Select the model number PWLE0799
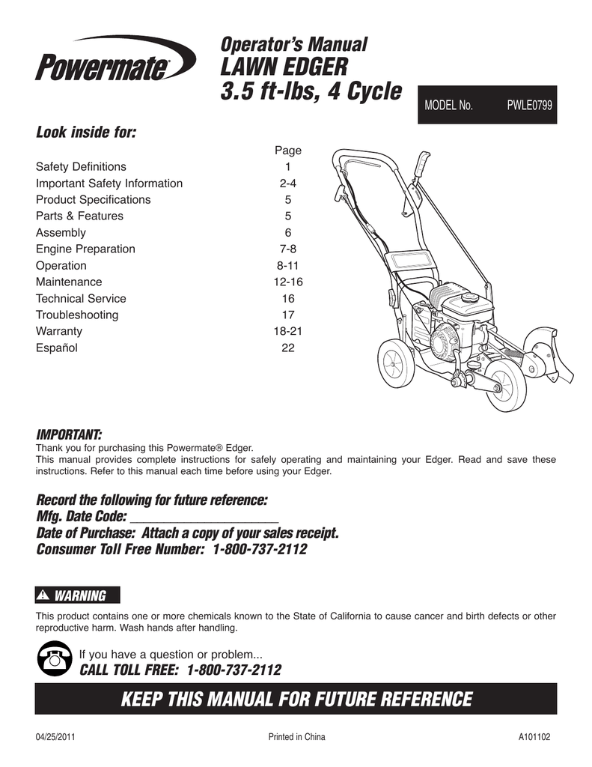pos(529,106)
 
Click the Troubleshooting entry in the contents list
pos(77,315)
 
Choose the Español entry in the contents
pos(57,348)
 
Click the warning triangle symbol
pos(46,595)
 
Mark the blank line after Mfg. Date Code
pos(204,517)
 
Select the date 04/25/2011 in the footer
pos(55,737)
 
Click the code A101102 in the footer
pos(534,737)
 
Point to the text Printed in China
pos(296,737)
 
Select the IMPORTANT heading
pos(69,435)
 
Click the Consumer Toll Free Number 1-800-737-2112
pos(260,549)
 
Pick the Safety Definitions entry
pos(81,166)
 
